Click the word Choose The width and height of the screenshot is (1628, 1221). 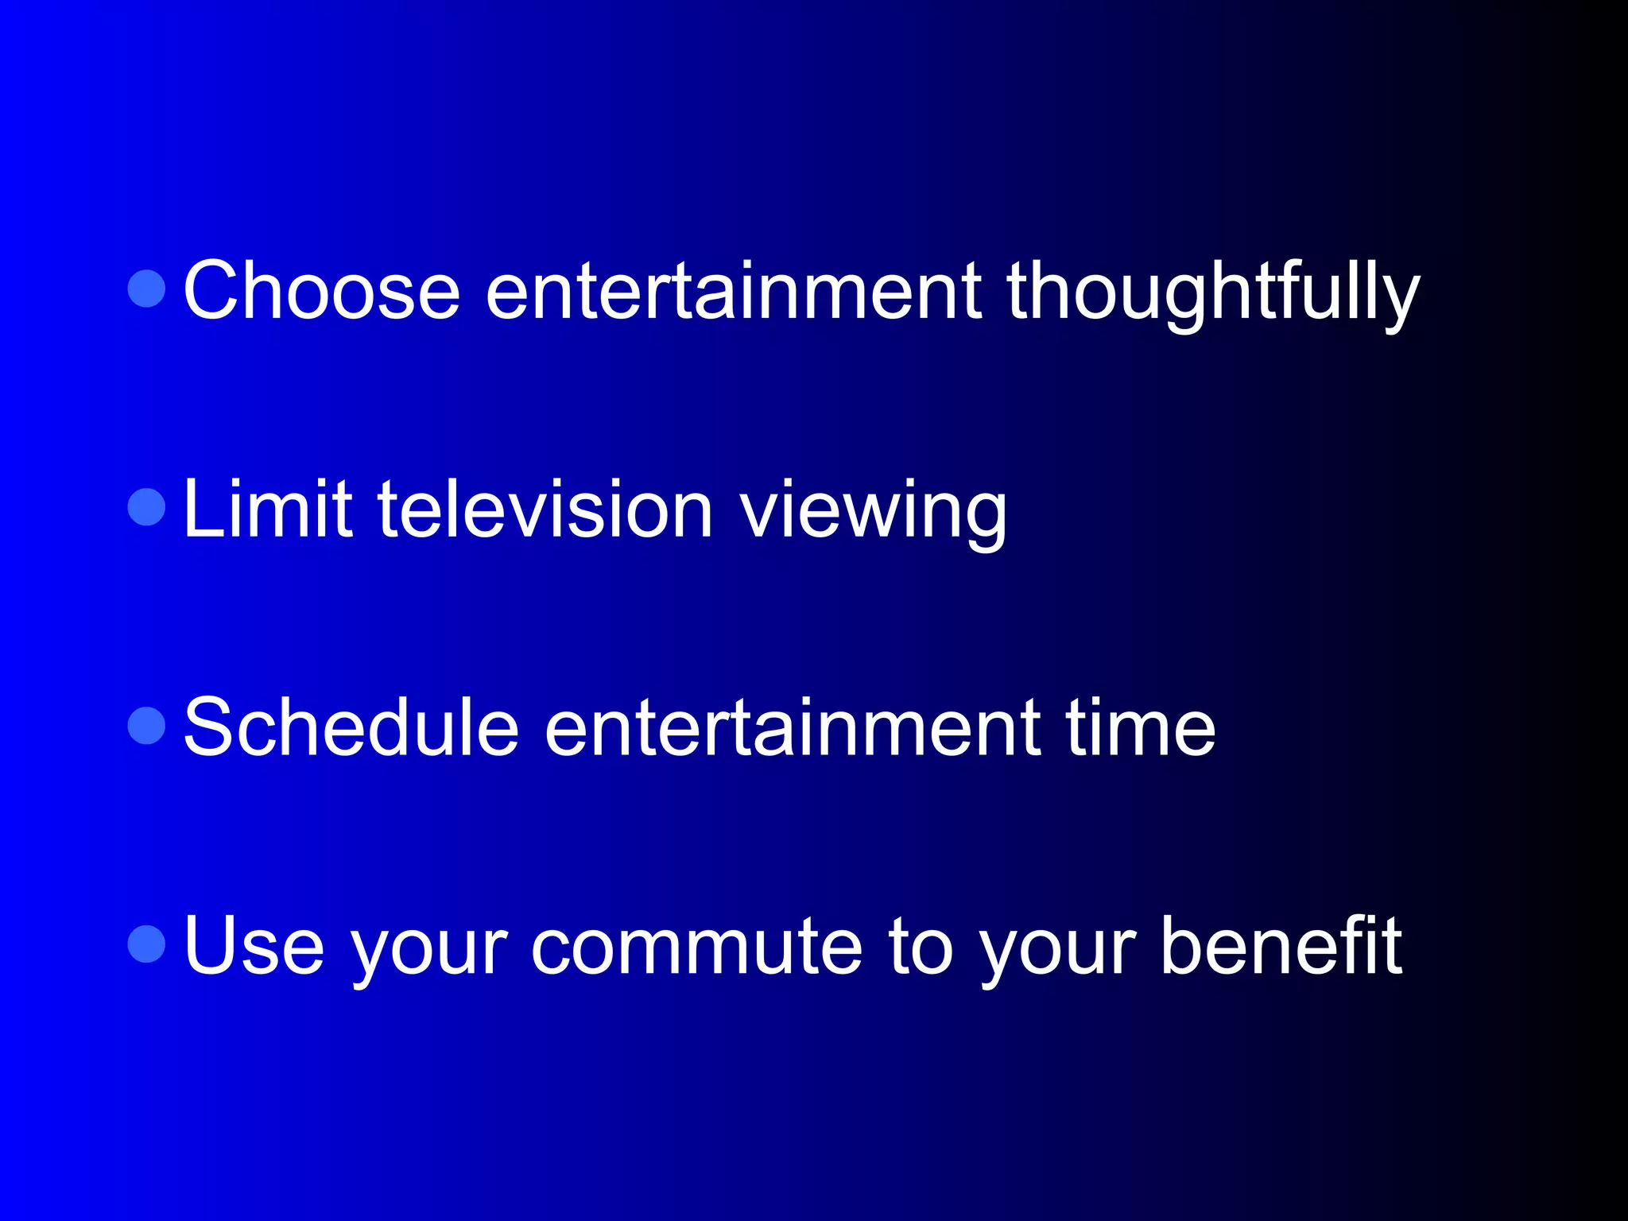(322, 291)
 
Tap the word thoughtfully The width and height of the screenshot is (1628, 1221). (1212, 293)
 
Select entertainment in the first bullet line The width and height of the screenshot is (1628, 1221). (733, 291)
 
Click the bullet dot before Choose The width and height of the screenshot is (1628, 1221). (146, 288)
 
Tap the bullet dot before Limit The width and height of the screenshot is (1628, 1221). (146, 506)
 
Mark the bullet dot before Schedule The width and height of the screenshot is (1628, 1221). (146, 725)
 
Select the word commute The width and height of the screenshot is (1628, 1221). (696, 946)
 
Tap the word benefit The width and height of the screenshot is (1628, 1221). (1281, 946)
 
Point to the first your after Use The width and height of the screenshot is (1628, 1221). (428, 950)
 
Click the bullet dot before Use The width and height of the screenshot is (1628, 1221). (146, 944)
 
